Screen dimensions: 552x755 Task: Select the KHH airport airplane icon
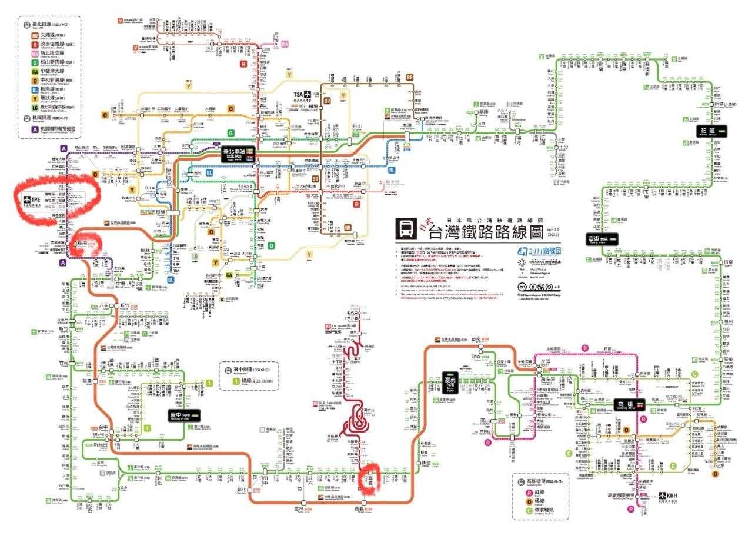[664, 496]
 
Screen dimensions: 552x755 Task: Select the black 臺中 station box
[185, 414]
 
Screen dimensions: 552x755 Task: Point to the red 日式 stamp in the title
[425, 224]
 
